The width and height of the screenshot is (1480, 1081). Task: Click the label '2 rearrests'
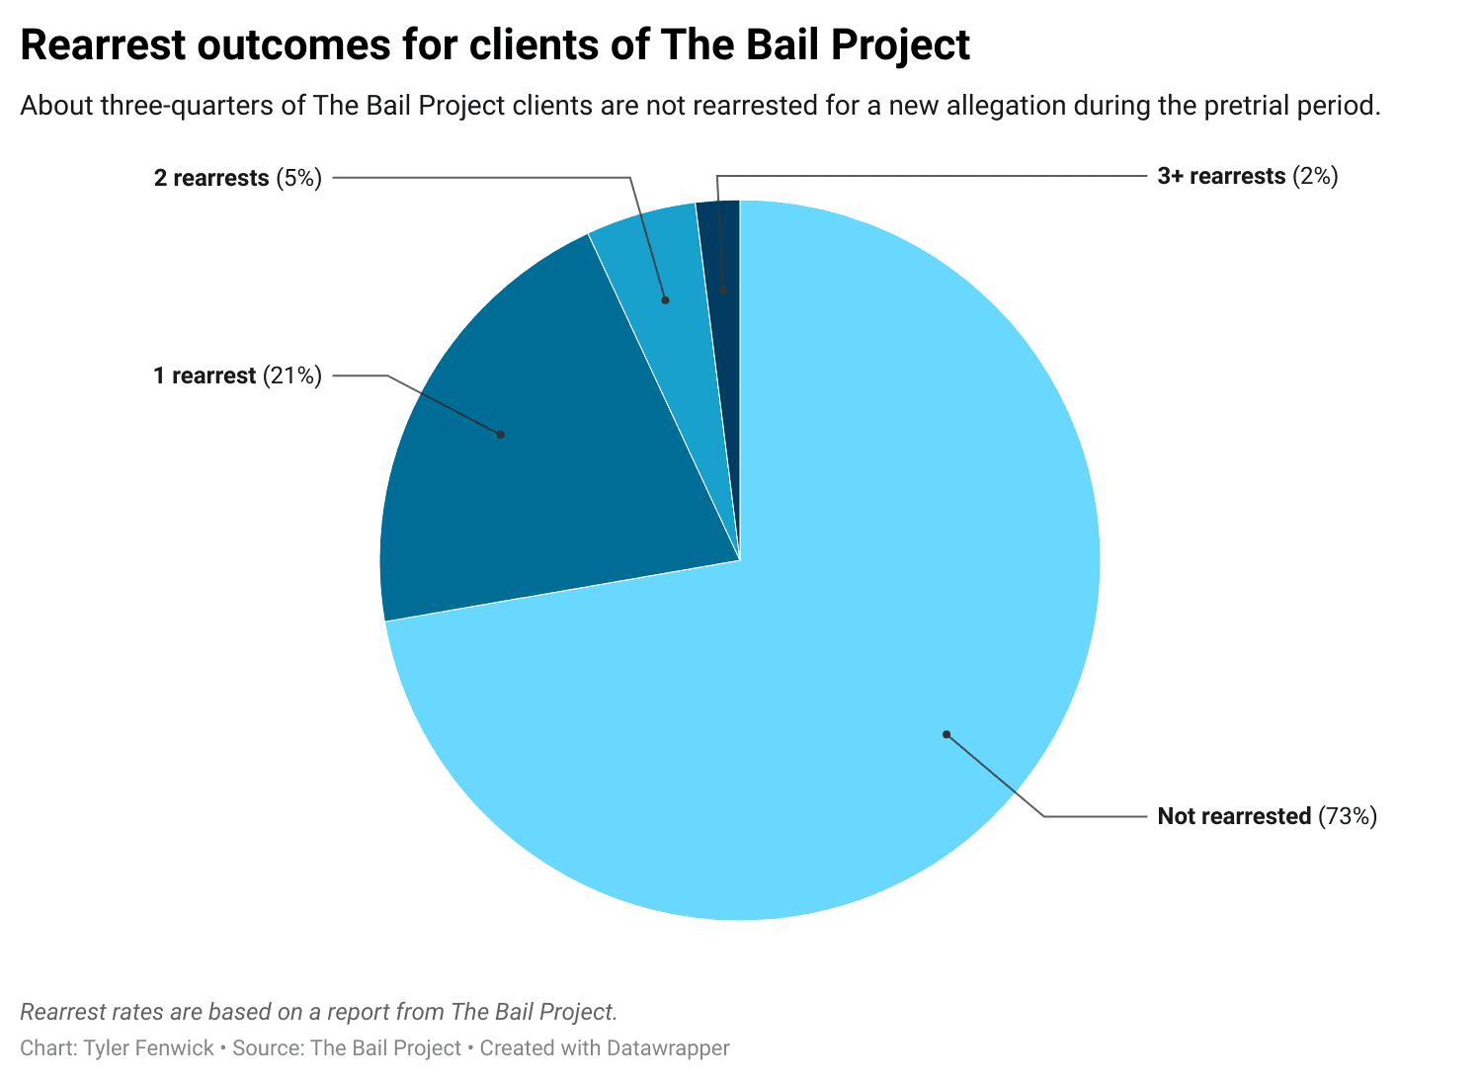tap(211, 178)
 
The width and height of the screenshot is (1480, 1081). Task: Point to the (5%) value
tap(299, 178)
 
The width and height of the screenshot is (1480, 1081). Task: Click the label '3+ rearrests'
tap(1221, 177)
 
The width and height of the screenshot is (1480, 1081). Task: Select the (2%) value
tap(1315, 177)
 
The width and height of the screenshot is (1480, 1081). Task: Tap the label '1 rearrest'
tap(205, 376)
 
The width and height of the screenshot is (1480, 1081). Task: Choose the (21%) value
tap(292, 376)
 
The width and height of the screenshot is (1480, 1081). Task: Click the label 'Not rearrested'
tap(1234, 816)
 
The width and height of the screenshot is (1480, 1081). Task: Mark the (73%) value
tap(1348, 816)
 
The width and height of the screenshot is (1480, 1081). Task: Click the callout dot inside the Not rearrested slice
tap(946, 734)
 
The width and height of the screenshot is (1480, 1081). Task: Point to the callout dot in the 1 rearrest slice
tap(500, 435)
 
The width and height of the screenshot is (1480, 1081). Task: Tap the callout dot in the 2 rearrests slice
tap(666, 299)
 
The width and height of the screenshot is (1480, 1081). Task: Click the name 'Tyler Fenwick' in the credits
tap(148, 1048)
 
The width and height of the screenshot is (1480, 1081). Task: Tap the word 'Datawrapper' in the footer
tap(668, 1048)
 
